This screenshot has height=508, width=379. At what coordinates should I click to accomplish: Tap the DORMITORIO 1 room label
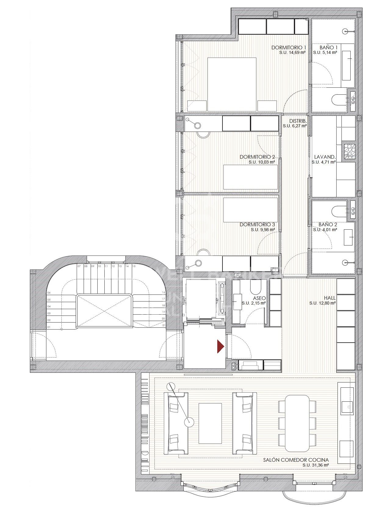289,48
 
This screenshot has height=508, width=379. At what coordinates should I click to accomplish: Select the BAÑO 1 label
328,48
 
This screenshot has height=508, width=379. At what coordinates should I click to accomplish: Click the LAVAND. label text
325,157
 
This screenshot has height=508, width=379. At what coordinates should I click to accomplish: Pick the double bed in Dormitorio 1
232,84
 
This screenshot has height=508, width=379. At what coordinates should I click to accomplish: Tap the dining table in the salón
297,423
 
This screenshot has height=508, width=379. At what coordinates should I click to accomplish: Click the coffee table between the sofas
210,423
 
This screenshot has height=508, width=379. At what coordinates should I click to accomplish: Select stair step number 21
164,325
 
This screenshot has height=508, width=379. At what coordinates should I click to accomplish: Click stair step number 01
49,327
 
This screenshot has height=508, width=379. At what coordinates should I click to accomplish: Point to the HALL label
330,298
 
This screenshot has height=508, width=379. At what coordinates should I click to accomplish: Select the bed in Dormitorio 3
250,210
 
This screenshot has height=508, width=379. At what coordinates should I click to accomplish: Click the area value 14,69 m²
292,52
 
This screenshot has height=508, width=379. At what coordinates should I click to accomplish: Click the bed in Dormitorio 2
250,177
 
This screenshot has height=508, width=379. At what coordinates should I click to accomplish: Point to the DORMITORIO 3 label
257,224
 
